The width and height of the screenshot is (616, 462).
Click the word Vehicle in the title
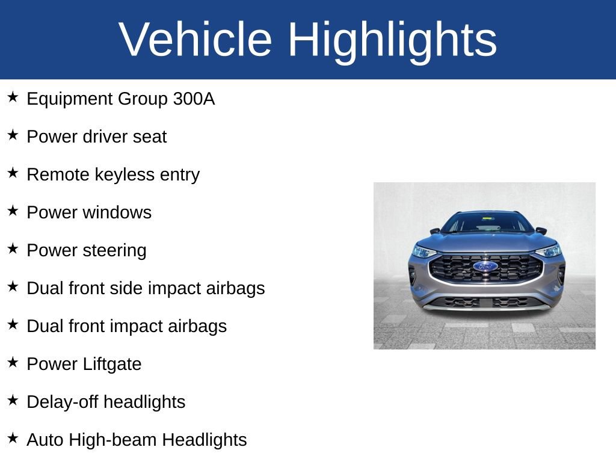[196, 39]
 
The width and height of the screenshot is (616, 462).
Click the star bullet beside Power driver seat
[13, 135]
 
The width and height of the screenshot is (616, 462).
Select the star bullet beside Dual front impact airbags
[13, 324]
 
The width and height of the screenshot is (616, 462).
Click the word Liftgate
[112, 364]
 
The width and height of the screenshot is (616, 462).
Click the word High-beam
[112, 440]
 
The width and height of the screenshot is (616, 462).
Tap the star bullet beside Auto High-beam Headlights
[13, 438]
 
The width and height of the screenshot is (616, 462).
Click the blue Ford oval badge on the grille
[485, 266]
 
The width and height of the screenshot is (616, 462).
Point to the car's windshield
[486, 222]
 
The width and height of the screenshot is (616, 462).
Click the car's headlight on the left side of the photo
[423, 251]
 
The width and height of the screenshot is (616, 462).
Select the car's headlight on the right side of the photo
[549, 250]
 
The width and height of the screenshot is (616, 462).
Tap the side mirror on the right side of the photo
[541, 230]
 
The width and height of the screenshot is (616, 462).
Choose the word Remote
[58, 174]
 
